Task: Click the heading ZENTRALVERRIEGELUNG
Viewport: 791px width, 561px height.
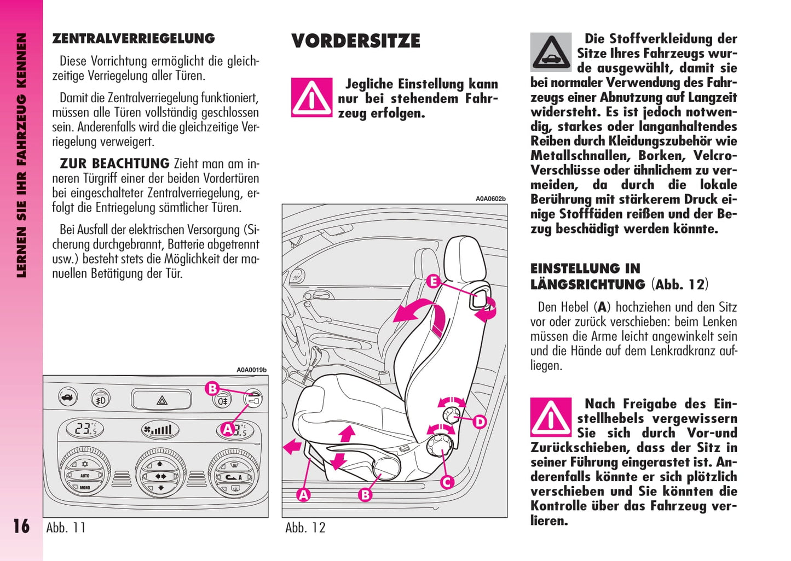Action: click(133, 38)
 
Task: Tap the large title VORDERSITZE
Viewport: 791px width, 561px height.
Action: click(356, 41)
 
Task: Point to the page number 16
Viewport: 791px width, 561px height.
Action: click(21, 526)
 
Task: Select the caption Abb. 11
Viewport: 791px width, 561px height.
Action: click(66, 528)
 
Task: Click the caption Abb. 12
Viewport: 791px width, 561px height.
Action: click(305, 528)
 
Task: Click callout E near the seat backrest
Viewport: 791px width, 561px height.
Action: click(433, 282)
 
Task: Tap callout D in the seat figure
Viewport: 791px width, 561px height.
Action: click(480, 422)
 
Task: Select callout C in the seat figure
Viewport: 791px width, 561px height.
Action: click(447, 482)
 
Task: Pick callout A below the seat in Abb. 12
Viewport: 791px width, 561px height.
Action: click(303, 495)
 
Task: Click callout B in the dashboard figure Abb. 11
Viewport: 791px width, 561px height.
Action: click(212, 389)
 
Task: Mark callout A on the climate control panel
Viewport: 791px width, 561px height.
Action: click(228, 429)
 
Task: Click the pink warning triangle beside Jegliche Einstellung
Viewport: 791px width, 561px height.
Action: click(311, 97)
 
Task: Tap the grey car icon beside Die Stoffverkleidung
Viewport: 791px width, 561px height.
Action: click(551, 52)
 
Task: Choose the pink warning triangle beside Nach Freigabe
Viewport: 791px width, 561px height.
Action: click(551, 417)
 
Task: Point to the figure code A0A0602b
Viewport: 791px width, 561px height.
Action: click(490, 199)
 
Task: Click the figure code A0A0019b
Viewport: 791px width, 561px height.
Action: click(251, 370)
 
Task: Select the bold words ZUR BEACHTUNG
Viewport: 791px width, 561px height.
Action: click(114, 163)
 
